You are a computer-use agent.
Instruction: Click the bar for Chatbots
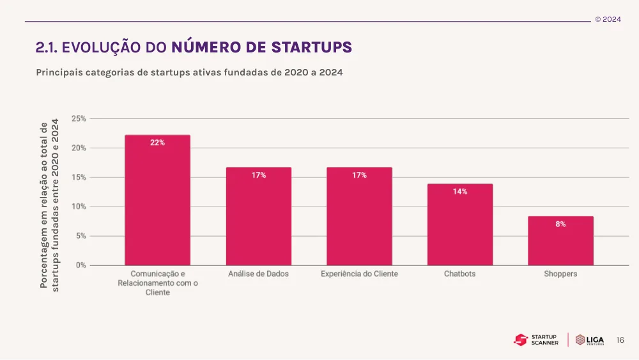pyautogui.click(x=459, y=224)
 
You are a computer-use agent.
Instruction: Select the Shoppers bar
pyautogui.click(x=560, y=241)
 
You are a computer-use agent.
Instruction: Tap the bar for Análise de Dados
pyautogui.click(x=259, y=217)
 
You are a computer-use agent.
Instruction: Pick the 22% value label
pyautogui.click(x=157, y=143)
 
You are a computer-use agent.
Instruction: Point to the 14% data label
pyautogui.click(x=459, y=192)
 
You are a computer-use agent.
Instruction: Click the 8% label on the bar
pyautogui.click(x=560, y=224)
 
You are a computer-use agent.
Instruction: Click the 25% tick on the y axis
pyautogui.click(x=79, y=119)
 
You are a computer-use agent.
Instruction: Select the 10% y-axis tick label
pyautogui.click(x=79, y=207)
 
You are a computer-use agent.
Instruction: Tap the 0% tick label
pyautogui.click(x=81, y=265)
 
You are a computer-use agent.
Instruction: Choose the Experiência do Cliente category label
pyautogui.click(x=359, y=274)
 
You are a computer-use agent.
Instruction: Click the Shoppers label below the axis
pyautogui.click(x=560, y=274)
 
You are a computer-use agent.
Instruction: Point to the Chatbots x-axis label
pyautogui.click(x=459, y=274)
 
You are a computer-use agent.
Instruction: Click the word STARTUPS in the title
pyautogui.click(x=311, y=47)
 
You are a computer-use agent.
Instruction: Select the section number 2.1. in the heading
pyautogui.click(x=47, y=48)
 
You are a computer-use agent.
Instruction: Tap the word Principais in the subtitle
pyautogui.click(x=59, y=72)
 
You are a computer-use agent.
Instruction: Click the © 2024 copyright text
pyautogui.click(x=608, y=19)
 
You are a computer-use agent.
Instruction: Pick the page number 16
pyautogui.click(x=620, y=340)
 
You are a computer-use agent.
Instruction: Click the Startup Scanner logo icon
pyautogui.click(x=520, y=340)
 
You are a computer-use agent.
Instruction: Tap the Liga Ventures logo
pyautogui.click(x=590, y=340)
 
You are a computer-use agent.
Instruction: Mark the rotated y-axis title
pyautogui.click(x=50, y=205)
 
